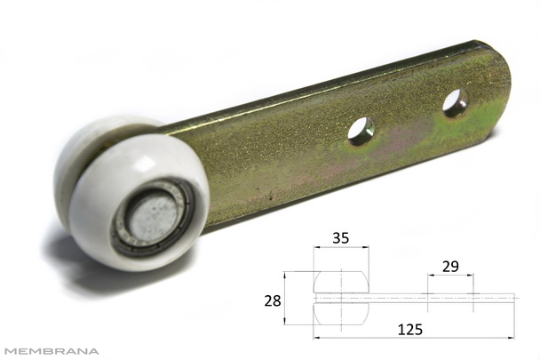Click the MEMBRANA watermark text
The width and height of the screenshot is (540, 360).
pyautogui.click(x=52, y=351)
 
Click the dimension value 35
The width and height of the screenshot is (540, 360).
pyautogui.click(x=340, y=238)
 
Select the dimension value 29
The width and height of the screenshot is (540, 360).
pyautogui.click(x=450, y=266)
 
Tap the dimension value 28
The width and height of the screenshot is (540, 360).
pyautogui.click(x=273, y=301)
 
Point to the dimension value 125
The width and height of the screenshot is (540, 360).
pyautogui.click(x=409, y=330)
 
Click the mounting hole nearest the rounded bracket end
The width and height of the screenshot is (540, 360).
pyautogui.click(x=455, y=103)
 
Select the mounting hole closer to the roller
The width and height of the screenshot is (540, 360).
pyautogui.click(x=361, y=132)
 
